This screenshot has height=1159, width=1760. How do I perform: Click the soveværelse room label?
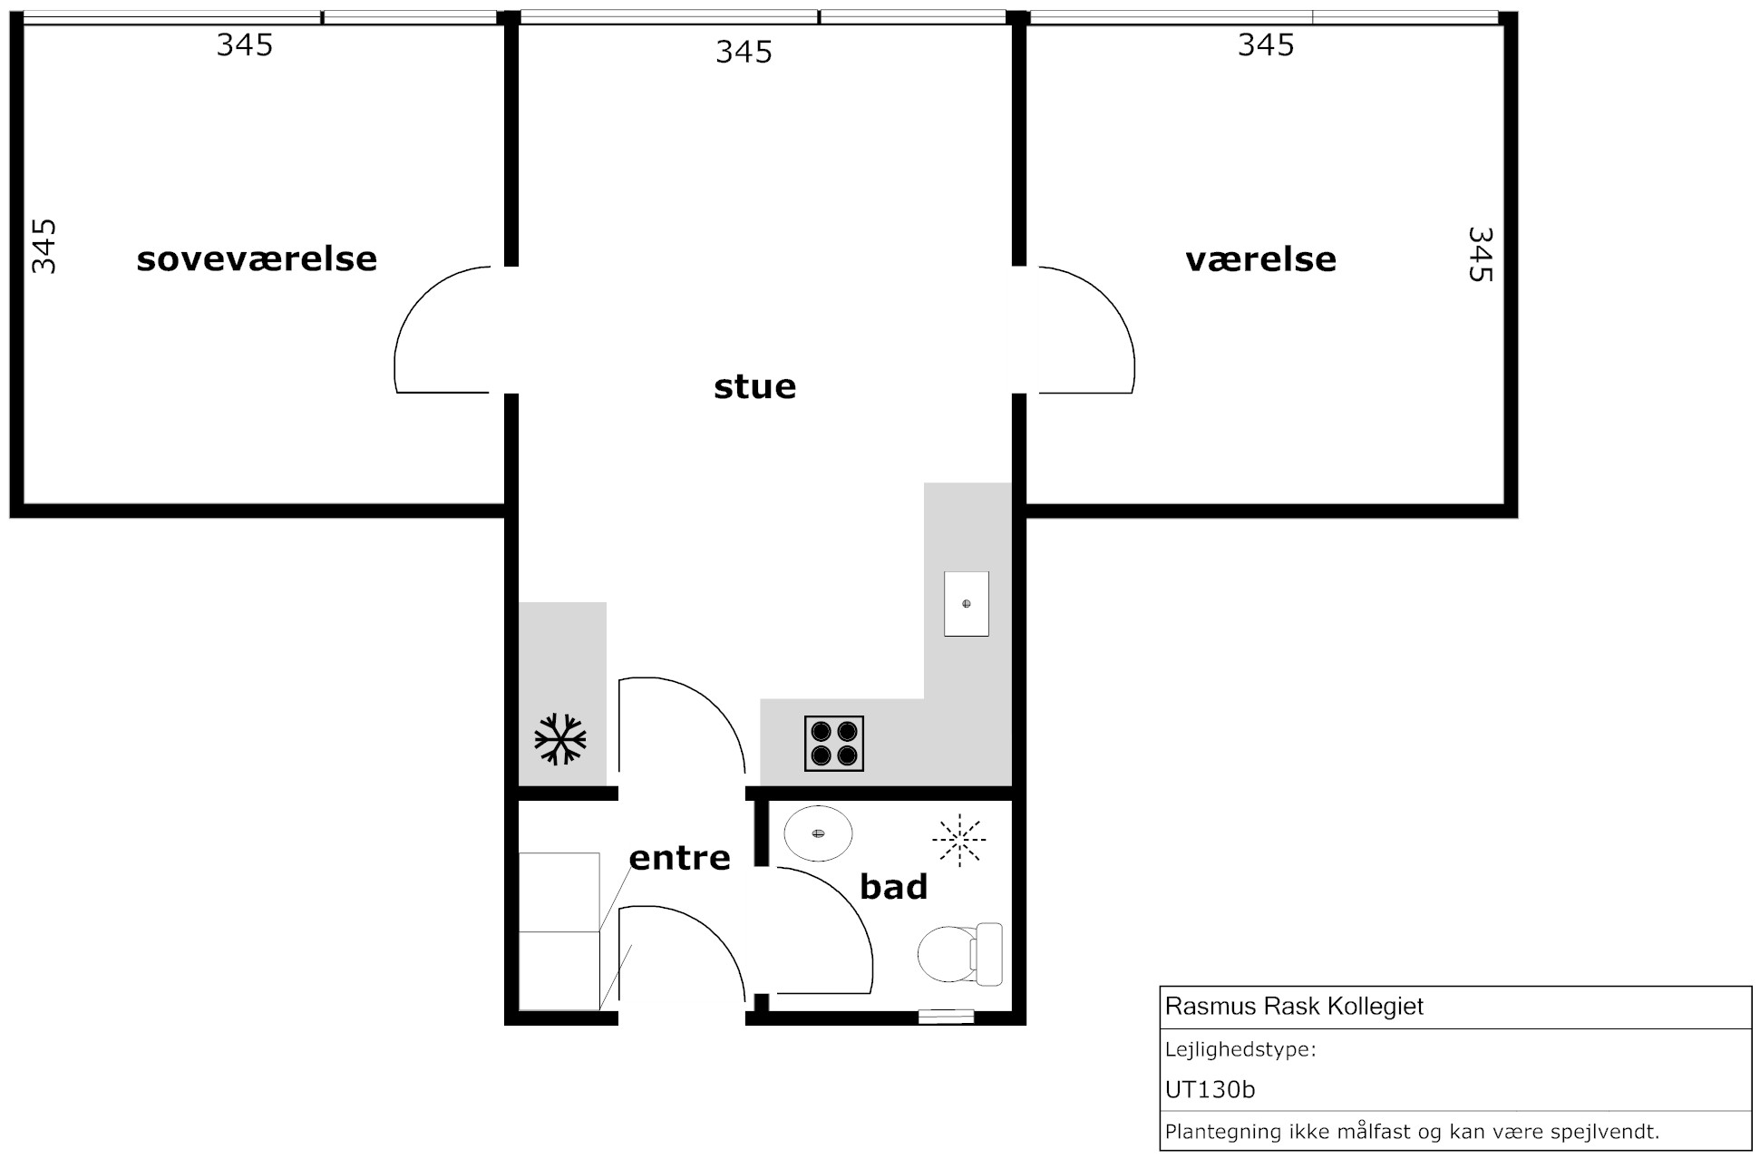click(x=257, y=259)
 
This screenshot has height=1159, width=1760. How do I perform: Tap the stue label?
click(x=755, y=386)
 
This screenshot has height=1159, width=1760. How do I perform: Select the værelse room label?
click(x=1260, y=260)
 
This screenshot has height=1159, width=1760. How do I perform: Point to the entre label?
click(x=679, y=858)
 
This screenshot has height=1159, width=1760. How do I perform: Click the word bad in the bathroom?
click(x=893, y=886)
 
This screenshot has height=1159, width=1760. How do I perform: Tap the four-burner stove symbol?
click(x=834, y=744)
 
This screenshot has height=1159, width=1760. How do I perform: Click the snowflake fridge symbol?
click(x=560, y=739)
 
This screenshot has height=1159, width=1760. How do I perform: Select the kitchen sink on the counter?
click(x=967, y=604)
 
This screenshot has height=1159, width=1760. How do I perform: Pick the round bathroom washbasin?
click(x=819, y=833)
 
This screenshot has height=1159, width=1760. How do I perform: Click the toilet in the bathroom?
click(x=960, y=954)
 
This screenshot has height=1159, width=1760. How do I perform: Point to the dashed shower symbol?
click(x=958, y=839)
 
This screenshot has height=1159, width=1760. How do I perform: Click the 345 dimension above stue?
click(x=744, y=53)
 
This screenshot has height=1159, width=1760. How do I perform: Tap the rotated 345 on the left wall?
click(x=44, y=246)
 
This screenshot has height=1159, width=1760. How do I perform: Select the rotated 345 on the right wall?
click(x=1480, y=254)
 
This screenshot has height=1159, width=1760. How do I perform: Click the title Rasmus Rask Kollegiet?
click(x=1294, y=1007)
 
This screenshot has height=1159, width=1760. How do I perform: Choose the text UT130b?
click(x=1210, y=1089)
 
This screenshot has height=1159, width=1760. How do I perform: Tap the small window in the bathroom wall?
click(x=946, y=1018)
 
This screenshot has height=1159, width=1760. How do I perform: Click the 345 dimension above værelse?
click(x=1266, y=45)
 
